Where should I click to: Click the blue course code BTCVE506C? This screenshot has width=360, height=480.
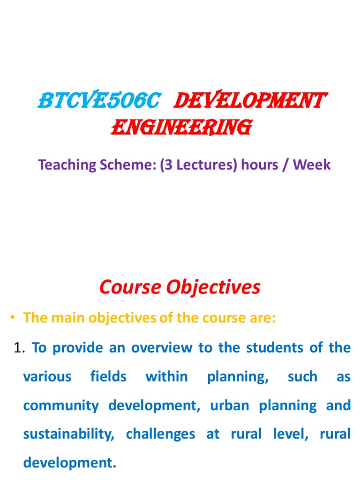coord(99,100)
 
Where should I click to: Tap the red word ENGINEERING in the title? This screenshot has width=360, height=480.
coord(180,127)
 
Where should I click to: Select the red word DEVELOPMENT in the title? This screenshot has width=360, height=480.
coord(249,100)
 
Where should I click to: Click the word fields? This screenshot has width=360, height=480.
coord(108,376)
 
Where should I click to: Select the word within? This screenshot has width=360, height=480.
coord(167,376)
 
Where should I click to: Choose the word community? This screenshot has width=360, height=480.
coord(61,405)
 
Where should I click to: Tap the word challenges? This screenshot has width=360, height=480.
coord(160,434)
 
